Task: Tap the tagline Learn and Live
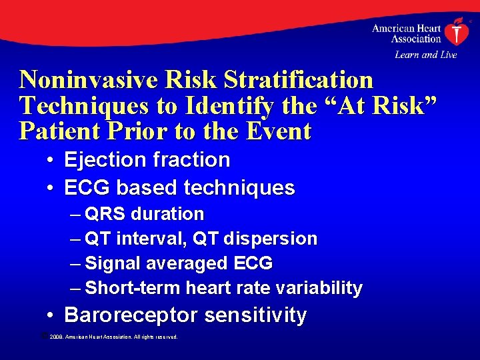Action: (x=425, y=55)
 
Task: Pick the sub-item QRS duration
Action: (x=145, y=214)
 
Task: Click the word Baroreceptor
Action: (x=131, y=315)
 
